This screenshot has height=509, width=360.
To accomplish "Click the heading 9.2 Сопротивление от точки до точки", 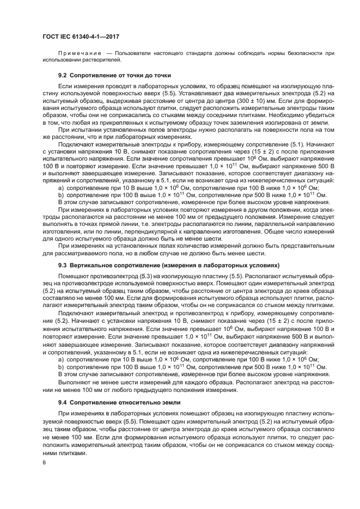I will coord(114,75).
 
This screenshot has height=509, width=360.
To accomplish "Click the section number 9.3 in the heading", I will coord(62,265).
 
